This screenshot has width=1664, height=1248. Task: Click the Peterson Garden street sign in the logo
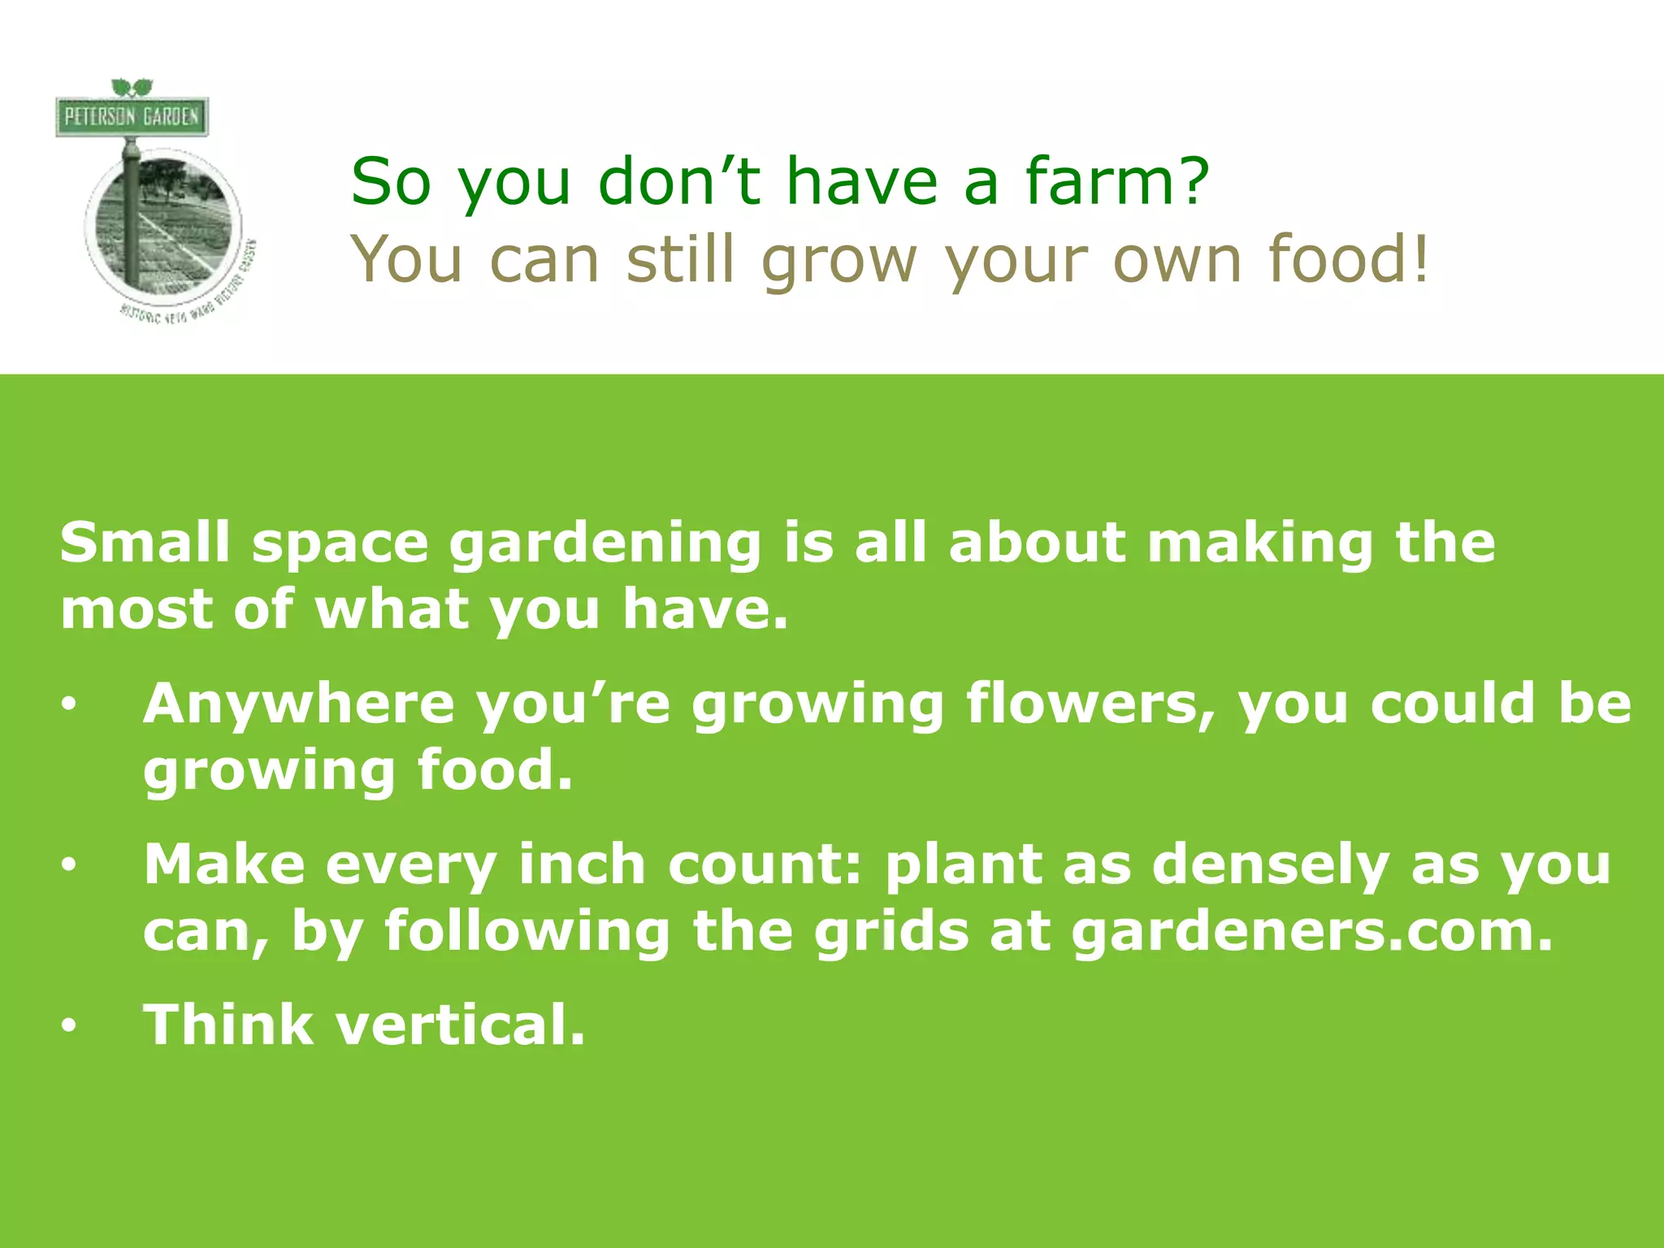pos(132,117)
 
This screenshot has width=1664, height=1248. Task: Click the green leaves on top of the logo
pos(132,87)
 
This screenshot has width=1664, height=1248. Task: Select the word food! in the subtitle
pos(1348,258)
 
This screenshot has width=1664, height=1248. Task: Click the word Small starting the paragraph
pos(145,542)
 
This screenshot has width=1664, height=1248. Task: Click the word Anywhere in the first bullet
pos(298,704)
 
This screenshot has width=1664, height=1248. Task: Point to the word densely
pos(1271,865)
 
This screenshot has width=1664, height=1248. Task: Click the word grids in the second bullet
pos(891,931)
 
